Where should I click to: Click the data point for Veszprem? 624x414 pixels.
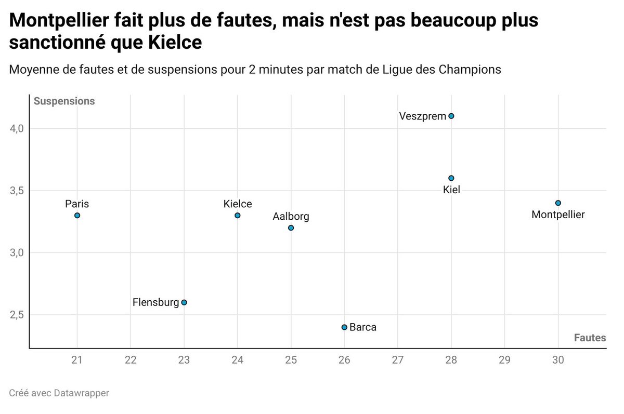451,116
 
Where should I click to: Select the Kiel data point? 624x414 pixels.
451,178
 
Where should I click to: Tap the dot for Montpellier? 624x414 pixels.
558,203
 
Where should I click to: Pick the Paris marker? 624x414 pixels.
77,215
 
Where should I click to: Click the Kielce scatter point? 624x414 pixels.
238,215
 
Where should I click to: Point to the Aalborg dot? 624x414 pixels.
291,228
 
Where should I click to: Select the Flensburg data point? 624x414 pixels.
184,302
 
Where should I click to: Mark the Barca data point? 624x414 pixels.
344,327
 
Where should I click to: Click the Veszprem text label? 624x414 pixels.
423,116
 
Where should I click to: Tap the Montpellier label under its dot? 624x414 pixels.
558,215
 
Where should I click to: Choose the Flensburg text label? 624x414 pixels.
155,302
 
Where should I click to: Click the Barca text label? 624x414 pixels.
363,327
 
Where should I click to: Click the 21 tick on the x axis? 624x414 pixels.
77,359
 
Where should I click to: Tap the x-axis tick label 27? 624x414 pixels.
398,359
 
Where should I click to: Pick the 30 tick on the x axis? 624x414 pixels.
558,359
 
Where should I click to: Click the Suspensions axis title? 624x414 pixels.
64,101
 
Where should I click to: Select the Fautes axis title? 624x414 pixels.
590,338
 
